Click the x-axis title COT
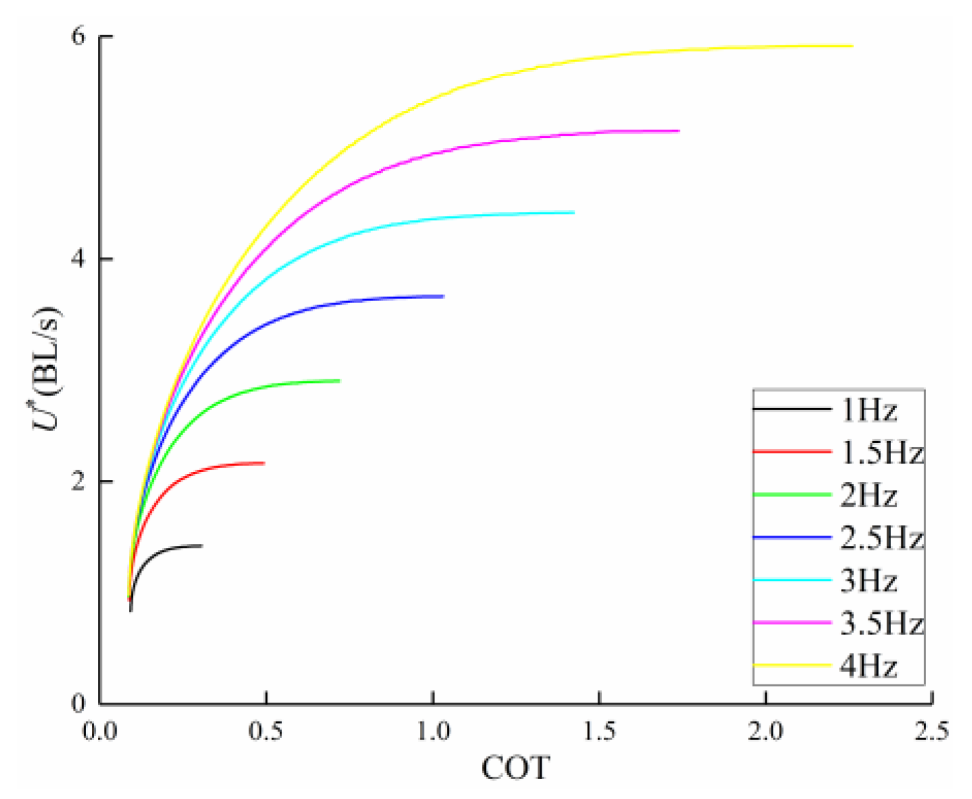pyautogui.click(x=516, y=768)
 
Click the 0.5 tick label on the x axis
pyautogui.click(x=266, y=732)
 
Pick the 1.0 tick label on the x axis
pyautogui.click(x=432, y=732)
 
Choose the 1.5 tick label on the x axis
pyautogui.click(x=599, y=732)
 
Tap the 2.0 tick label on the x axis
pyautogui.click(x=765, y=732)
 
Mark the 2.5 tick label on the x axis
pyautogui.click(x=931, y=732)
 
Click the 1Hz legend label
pyautogui.click(x=868, y=411)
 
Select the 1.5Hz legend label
pyautogui.click(x=882, y=453)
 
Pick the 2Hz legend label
pyautogui.click(x=868, y=496)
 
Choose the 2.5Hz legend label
pyautogui.click(x=882, y=538)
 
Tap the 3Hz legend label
pyautogui.click(x=868, y=582)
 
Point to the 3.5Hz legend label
pyautogui.click(x=882, y=624)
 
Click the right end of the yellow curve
pyautogui.click(x=852, y=47)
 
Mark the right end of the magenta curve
pyautogui.click(x=679, y=130)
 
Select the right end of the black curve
pyautogui.click(x=202, y=546)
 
